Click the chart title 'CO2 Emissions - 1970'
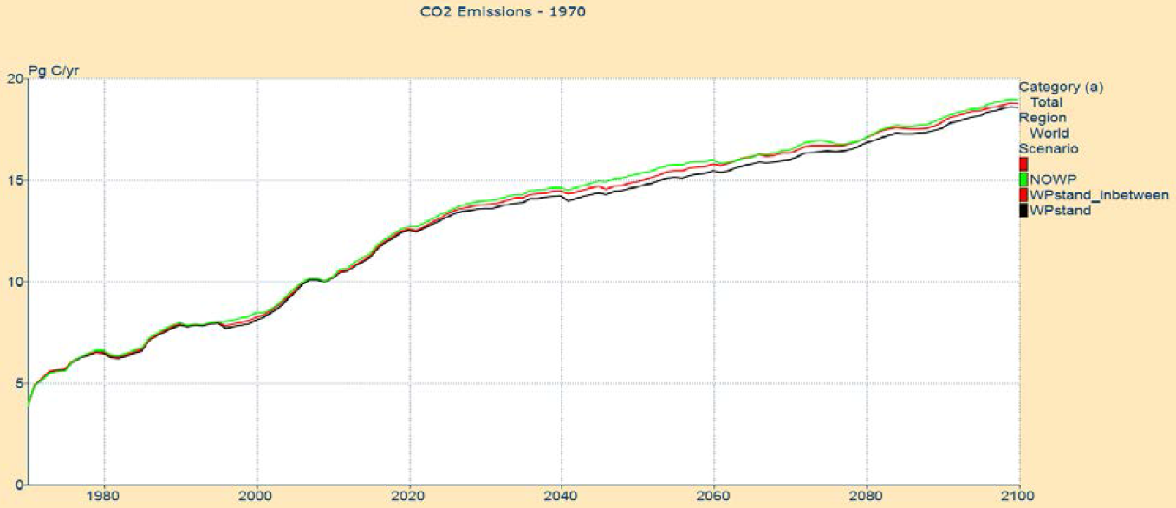point(491,13)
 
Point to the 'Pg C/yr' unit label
point(55,71)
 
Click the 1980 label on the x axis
point(104,498)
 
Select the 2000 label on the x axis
point(257,498)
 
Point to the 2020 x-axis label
point(409,498)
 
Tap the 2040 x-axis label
point(562,498)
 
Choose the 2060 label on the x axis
point(714,498)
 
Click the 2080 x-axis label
point(867,498)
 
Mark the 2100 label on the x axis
point(1017,498)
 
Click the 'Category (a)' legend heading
point(1061,87)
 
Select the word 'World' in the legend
point(1049,134)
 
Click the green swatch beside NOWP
point(1023,179)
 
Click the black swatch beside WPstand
point(1023,210)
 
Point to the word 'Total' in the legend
point(1046,102)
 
